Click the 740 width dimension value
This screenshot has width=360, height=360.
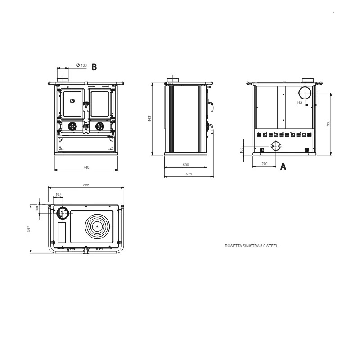(86, 167)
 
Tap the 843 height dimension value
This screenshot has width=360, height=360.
(150, 119)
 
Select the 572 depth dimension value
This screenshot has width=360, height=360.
(189, 174)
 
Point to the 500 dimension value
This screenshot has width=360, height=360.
(186, 165)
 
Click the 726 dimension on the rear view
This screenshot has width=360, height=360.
(328, 124)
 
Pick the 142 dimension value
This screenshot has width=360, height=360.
(299, 103)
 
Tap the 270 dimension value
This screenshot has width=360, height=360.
(264, 164)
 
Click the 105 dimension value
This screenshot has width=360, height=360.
(241, 150)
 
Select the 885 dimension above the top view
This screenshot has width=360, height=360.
(86, 185)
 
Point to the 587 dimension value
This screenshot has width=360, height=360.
(28, 229)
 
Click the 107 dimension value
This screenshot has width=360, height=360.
(58, 194)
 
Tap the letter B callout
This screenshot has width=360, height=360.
(94, 67)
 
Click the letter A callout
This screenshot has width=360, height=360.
(283, 166)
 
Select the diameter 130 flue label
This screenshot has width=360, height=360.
(81, 65)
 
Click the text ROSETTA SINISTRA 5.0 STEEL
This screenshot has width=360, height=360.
(252, 246)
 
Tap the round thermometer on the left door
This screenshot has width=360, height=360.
(72, 100)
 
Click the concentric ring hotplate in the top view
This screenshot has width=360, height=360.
(97, 226)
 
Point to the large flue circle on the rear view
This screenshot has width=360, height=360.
(305, 93)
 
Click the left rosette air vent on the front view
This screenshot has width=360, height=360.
(72, 126)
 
